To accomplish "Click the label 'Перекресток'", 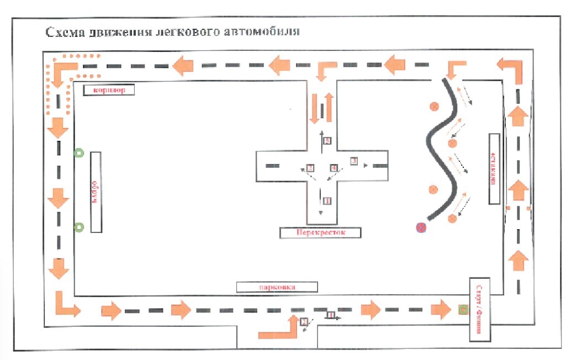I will tap(321, 232).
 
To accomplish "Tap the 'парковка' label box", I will tap(277, 287).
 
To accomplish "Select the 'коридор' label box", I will tap(109, 90).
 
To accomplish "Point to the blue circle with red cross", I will tap(422, 226).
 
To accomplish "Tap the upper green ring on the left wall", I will tap(80, 153).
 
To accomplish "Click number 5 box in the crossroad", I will tap(327, 141).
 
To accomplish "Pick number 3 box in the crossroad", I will tap(354, 161).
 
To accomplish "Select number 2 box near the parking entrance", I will tap(303, 322).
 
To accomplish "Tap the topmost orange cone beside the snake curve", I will tap(435, 105).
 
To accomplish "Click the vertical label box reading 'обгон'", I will tap(94, 192).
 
